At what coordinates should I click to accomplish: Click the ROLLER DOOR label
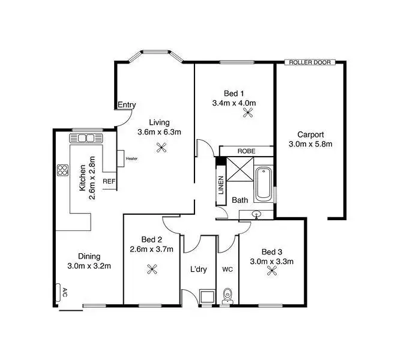pyautogui.click(x=310, y=62)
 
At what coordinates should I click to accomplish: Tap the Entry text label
pyautogui.click(x=126, y=105)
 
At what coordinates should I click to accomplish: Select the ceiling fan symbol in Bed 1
pyautogui.click(x=234, y=112)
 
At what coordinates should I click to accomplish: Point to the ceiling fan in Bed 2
pyautogui.click(x=151, y=269)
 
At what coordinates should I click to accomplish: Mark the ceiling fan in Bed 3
pyautogui.click(x=273, y=271)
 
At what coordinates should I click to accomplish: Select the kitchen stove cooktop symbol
pyautogui.click(x=62, y=170)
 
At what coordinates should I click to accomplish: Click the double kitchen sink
pyautogui.click(x=86, y=138)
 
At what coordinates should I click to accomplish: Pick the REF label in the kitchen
pyautogui.click(x=109, y=181)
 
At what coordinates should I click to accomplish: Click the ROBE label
pyautogui.click(x=246, y=151)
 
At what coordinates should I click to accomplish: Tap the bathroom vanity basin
pyautogui.click(x=257, y=214)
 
